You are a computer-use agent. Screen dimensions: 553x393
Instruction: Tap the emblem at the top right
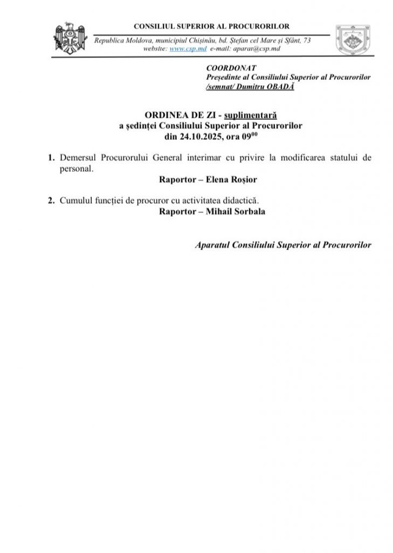tap(352, 41)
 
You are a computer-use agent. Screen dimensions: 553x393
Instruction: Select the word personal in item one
tap(75, 168)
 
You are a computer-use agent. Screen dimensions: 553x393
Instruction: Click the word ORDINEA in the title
tap(163, 116)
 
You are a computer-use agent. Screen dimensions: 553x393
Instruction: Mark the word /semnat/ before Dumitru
tap(220, 86)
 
